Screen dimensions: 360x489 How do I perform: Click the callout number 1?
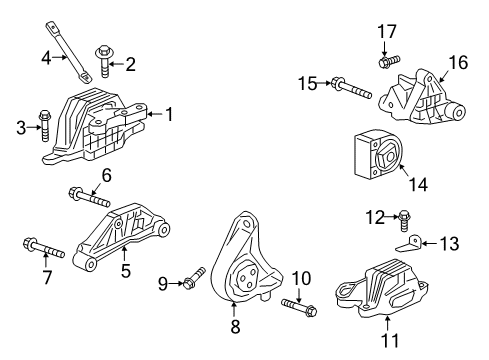click(169, 115)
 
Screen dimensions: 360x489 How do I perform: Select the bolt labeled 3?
click(43, 125)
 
